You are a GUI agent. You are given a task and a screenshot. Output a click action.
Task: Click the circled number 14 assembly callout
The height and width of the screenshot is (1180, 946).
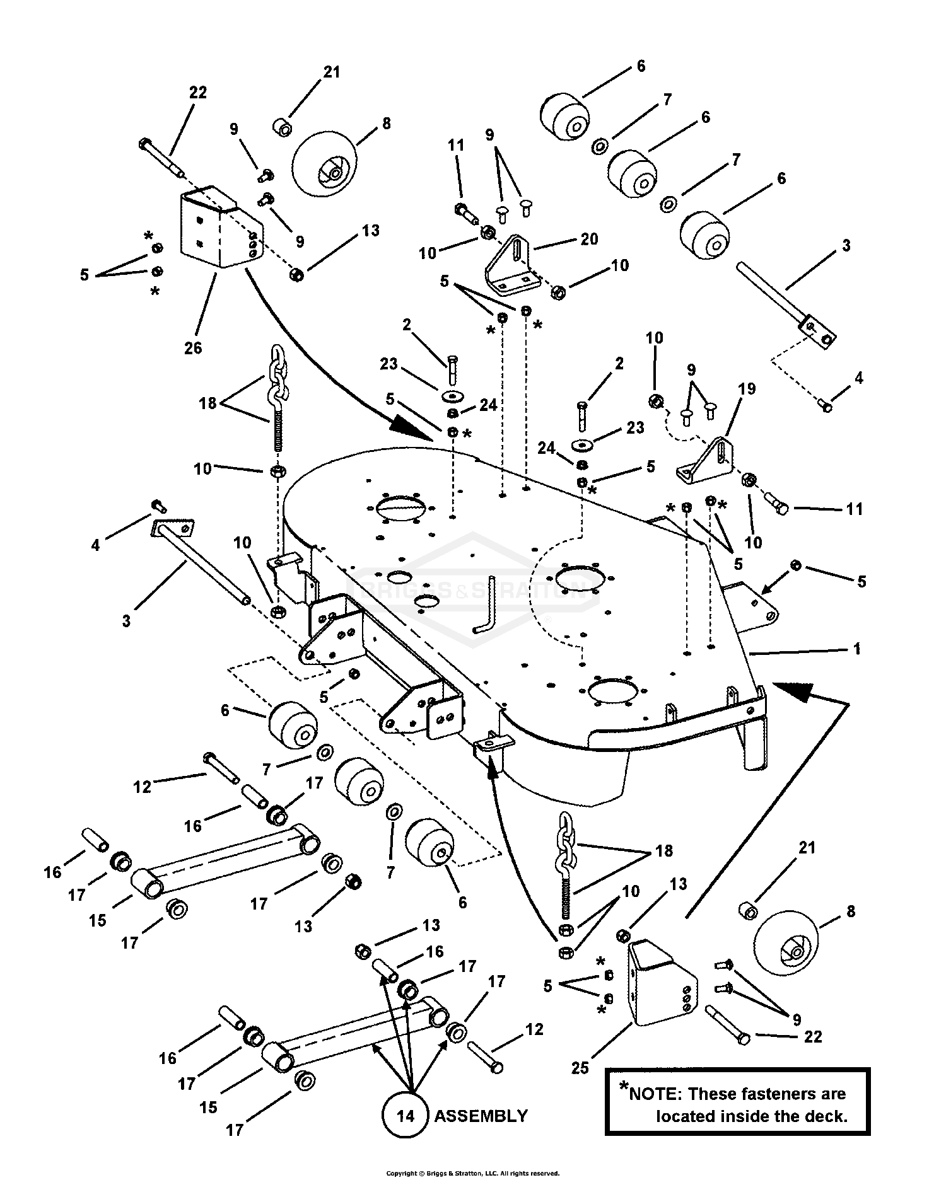point(406,1116)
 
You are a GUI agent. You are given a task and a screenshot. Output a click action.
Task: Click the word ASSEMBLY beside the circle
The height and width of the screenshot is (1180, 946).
point(481,1116)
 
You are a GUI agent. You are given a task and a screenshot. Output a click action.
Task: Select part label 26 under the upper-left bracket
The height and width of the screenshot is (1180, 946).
point(193,347)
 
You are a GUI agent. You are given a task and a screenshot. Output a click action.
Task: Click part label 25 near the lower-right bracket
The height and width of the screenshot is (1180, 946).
point(580,1067)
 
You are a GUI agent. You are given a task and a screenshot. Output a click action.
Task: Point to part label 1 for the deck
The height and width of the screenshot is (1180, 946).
point(856,649)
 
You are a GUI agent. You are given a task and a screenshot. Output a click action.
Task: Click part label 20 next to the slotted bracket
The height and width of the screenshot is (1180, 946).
point(590,238)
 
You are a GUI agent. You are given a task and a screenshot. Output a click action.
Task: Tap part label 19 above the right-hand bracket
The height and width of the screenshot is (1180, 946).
point(747,388)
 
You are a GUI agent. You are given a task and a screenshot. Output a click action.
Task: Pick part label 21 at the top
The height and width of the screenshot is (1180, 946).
point(332,72)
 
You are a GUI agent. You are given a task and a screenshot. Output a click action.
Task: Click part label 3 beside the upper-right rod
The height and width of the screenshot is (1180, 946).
point(846,245)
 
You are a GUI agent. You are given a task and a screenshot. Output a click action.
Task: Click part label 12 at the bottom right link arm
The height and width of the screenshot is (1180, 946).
point(534,1029)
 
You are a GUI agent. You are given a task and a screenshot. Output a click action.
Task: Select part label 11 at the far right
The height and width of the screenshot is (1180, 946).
point(854,509)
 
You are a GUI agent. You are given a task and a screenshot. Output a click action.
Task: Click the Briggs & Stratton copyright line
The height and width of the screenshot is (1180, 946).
point(472,1173)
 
